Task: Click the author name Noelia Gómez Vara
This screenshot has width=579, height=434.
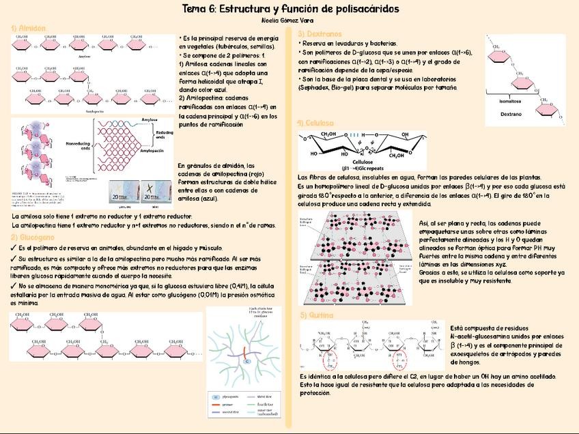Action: pos(289,20)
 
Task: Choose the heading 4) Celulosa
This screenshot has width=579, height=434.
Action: pos(315,123)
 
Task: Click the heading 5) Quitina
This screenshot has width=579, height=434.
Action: pos(317,315)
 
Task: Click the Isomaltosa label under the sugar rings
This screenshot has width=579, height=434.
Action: pos(510,100)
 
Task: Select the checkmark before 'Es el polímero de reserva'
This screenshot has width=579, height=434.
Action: pos(14,248)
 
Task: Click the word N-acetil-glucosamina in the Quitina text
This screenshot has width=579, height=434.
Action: pos(485,336)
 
